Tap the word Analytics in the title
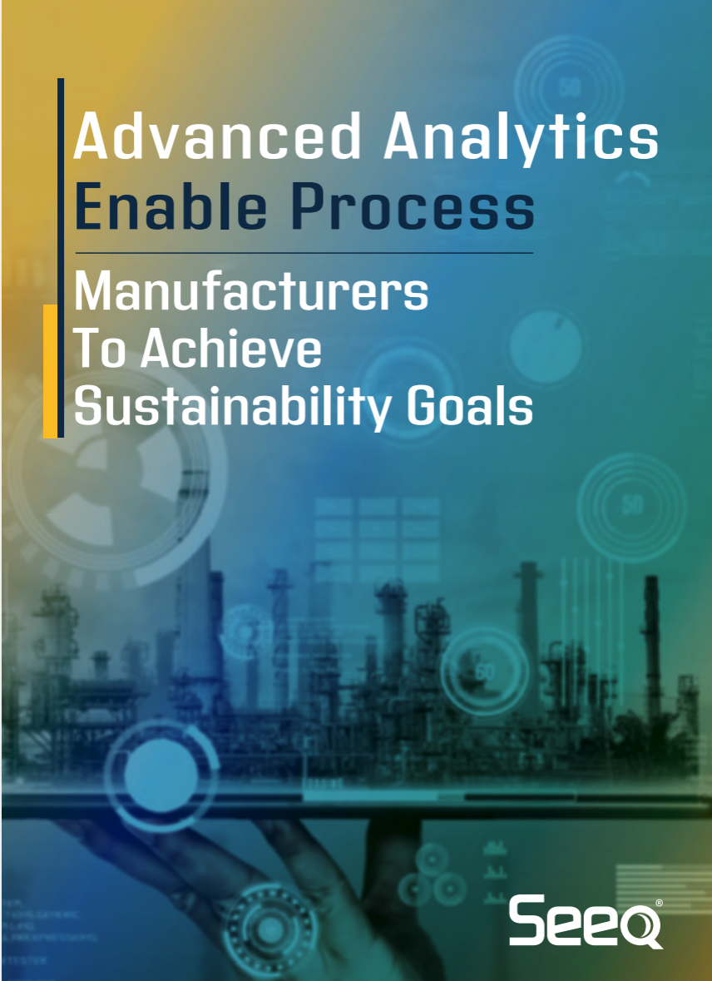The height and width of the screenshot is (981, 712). (x=521, y=137)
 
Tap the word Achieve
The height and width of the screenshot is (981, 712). (x=230, y=349)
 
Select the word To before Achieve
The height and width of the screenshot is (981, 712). (x=100, y=349)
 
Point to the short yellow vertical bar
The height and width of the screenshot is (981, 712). (x=50, y=370)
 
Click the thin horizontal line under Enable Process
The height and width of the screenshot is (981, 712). (x=304, y=252)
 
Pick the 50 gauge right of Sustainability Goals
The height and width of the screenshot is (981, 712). (x=631, y=503)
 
